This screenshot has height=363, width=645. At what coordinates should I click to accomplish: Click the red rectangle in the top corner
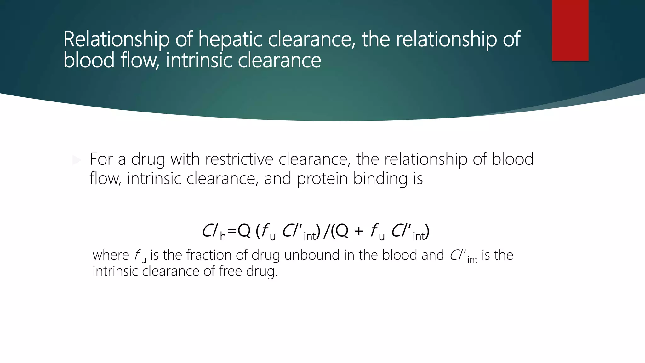click(570, 30)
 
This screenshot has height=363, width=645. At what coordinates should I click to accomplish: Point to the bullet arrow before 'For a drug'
click(77, 160)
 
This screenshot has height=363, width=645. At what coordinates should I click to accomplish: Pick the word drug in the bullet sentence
click(148, 159)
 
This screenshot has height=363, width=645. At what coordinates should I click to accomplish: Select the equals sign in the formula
click(232, 231)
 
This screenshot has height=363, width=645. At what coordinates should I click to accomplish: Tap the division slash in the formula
click(326, 231)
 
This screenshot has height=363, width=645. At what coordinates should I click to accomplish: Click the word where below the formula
click(111, 255)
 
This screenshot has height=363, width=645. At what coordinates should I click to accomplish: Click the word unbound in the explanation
click(311, 255)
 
